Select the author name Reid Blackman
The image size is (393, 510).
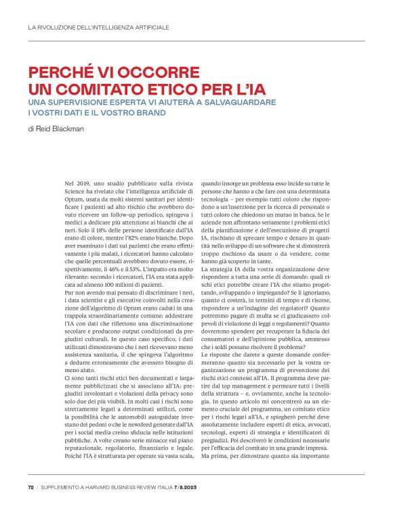[x=60, y=129]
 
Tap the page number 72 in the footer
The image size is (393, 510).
[x=31, y=486]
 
